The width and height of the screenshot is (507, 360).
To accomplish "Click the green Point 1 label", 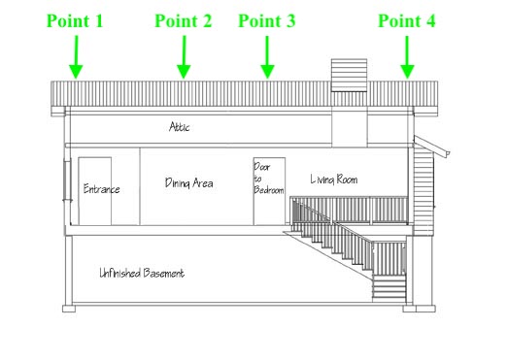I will tap(74, 20).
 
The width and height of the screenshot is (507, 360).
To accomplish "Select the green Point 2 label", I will tap(183, 20).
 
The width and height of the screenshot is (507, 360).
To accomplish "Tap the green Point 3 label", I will tap(267, 20).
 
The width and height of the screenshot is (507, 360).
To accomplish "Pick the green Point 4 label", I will tap(407, 20).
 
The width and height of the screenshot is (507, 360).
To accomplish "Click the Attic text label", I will tap(181, 126).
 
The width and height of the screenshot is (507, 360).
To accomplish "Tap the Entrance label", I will tap(101, 188).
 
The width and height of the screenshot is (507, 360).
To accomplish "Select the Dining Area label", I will tap(188, 182).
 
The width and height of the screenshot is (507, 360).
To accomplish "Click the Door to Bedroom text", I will tap(269, 180).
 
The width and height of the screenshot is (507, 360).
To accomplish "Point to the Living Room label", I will tap(334, 179).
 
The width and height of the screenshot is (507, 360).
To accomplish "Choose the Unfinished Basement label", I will tap(142, 273).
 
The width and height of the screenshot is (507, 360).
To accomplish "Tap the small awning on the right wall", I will tap(434, 145).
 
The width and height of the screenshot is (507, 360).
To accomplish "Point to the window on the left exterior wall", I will tap(66, 180).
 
